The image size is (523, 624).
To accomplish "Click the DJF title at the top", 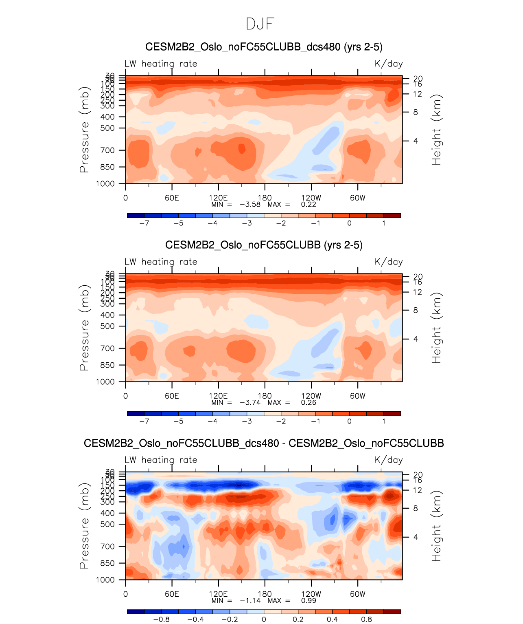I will [x=260, y=24].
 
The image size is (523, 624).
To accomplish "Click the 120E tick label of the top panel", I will [x=218, y=198].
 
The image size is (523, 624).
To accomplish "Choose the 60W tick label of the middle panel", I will [x=358, y=396].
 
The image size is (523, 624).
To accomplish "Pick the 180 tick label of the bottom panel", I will [x=265, y=594].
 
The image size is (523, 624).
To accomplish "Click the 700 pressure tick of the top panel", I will [x=107, y=150].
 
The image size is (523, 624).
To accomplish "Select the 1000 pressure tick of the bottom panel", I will [x=105, y=580].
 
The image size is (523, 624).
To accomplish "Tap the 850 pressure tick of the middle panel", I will [x=107, y=365].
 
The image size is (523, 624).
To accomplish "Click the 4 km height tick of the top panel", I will [x=416, y=141].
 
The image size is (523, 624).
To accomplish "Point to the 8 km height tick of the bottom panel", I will [x=416, y=508].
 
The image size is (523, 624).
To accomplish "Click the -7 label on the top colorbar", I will [x=144, y=223].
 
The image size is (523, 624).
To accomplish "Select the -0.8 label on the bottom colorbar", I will [x=161, y=620].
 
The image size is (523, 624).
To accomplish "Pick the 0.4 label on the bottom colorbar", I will [x=332, y=620].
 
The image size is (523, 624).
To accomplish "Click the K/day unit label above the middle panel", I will [x=389, y=262].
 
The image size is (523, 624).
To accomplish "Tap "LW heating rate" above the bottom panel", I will [x=161, y=460].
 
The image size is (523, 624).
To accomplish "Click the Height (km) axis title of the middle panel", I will [x=436, y=328].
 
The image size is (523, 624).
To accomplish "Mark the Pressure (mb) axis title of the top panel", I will [x=84, y=130].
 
